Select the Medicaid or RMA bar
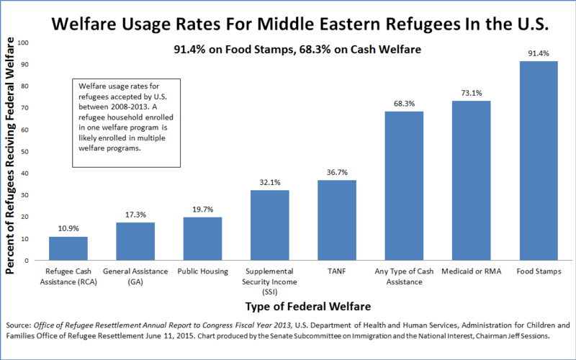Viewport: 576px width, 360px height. pos(471,180)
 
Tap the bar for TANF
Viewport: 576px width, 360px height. pos(337,220)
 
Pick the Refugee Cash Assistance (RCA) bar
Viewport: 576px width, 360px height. pos(68,248)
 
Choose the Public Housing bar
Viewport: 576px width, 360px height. pos(202,238)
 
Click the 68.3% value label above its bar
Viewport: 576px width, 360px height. pos(404,104)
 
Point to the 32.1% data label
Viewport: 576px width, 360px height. pos(269,182)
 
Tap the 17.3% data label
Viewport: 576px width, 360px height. pos(135,215)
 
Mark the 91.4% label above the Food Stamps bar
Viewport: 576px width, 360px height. pos(538,53)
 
